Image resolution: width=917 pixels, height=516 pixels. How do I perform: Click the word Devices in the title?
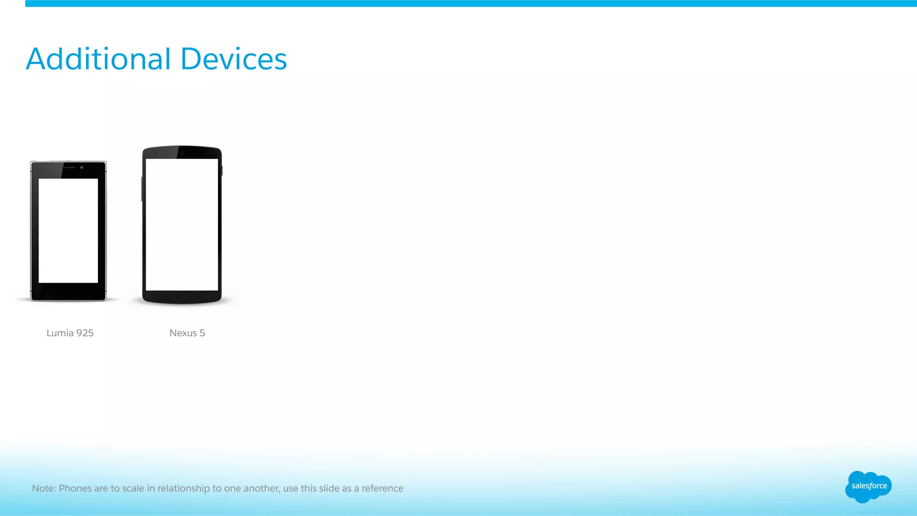[233, 59]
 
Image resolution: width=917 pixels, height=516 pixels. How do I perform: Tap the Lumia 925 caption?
[70, 333]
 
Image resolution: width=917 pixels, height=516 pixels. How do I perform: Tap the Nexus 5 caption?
[187, 333]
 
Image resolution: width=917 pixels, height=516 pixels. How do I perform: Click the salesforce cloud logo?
[868, 486]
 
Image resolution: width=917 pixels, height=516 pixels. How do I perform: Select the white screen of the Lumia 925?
[68, 230]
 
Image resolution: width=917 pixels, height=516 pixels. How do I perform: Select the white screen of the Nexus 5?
[182, 225]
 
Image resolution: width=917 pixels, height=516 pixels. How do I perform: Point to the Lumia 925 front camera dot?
[82, 167]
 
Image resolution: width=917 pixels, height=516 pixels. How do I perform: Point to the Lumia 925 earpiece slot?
[68, 167]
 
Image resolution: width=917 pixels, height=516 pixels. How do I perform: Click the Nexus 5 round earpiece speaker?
[182, 153]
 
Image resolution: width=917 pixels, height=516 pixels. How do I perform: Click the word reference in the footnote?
[382, 488]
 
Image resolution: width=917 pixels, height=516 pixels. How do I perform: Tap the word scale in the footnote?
[133, 488]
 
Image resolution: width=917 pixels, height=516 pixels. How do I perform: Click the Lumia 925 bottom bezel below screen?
[68, 291]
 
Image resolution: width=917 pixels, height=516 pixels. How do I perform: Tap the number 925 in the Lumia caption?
[85, 333]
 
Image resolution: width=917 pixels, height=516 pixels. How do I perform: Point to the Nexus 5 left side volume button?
[142, 188]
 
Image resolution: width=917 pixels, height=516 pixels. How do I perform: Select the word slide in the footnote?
[329, 488]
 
